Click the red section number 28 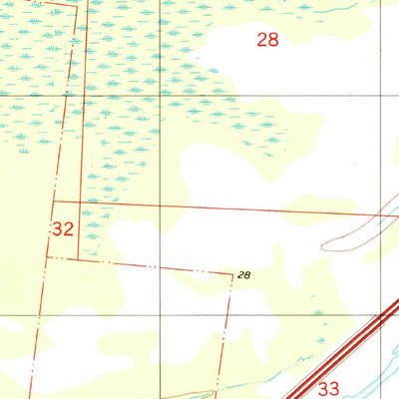coord(266,40)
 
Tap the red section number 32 coord(63,228)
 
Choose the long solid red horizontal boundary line coord(229,208)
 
